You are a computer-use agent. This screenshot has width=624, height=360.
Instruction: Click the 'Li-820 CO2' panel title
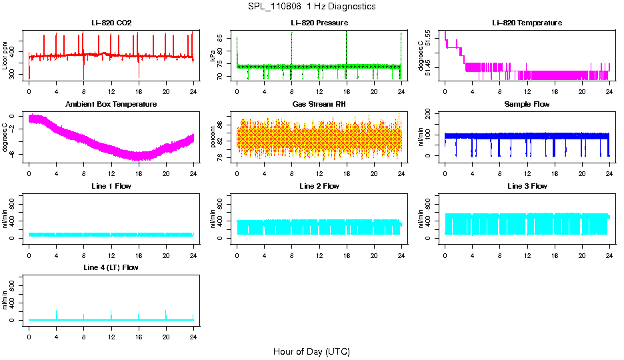pos(111,23)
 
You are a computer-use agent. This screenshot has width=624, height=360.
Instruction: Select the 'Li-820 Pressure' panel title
pos(319,23)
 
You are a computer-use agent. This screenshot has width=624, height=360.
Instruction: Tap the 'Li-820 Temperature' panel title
pos(527,23)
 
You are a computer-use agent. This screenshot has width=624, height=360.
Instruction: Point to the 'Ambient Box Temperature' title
pos(111,105)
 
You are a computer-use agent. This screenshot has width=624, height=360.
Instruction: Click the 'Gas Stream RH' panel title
pos(319,105)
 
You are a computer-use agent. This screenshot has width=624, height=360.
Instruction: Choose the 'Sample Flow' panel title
pos(527,105)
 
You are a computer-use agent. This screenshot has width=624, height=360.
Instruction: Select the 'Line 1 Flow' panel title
pos(111,186)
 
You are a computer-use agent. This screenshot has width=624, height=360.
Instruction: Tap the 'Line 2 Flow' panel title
pos(319,186)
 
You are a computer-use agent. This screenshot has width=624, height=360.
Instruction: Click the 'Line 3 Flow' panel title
pos(527,186)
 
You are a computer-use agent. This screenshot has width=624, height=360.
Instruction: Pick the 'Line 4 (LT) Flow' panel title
pos(111,267)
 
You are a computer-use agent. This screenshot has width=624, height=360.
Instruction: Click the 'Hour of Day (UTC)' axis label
pos(311,351)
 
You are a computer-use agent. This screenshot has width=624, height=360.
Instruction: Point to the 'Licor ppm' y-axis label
pos(5,56)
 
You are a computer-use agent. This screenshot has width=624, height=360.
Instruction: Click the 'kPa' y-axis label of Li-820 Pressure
pos(213,57)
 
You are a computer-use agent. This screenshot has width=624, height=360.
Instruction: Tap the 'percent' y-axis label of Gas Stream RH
pos(213,138)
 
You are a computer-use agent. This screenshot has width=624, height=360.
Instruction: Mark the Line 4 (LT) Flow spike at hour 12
pos(111,313)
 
